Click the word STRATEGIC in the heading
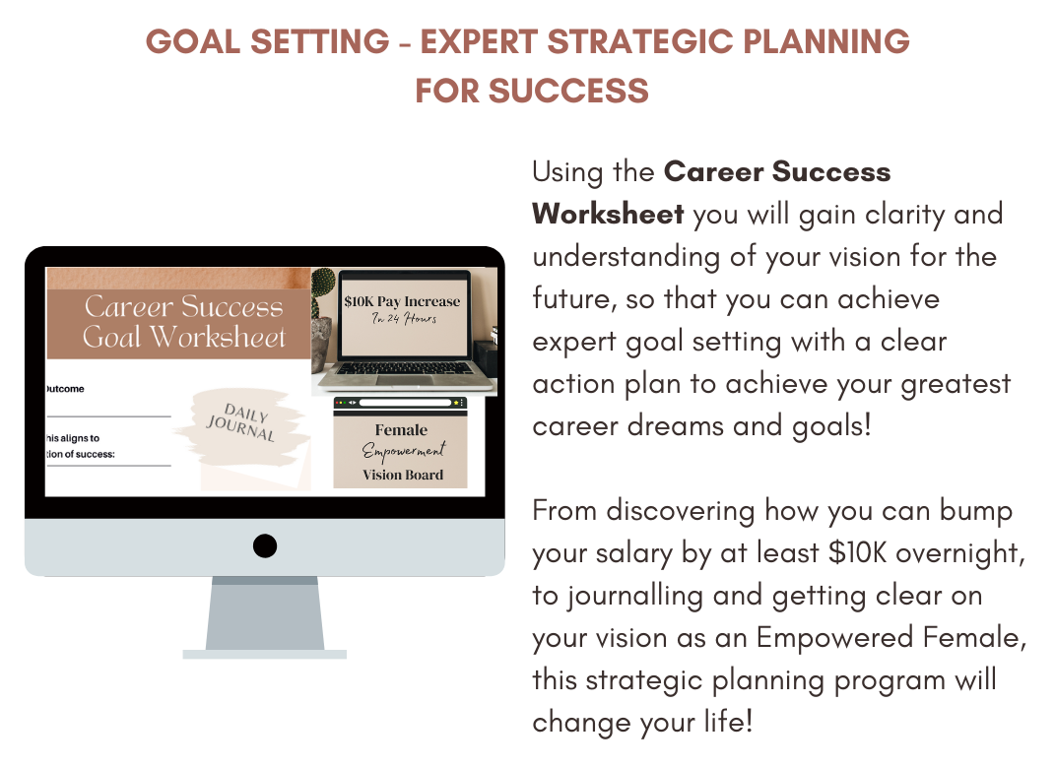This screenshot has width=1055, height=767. (x=640, y=41)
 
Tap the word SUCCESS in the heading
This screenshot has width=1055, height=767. (x=568, y=91)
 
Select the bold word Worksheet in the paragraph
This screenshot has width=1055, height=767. (x=608, y=214)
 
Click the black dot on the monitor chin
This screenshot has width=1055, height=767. (x=264, y=545)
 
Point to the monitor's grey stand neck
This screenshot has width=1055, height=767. (x=264, y=612)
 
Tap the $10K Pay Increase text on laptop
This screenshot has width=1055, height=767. (x=402, y=301)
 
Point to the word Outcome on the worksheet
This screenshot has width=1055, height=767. (x=65, y=389)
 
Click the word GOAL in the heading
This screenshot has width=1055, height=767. (x=193, y=41)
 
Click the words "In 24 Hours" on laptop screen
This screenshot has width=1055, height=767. (x=405, y=318)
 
